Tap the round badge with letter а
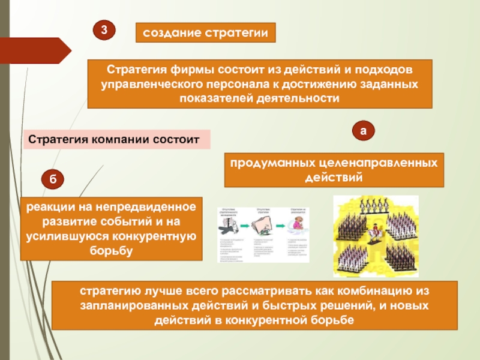pyautogui.click(x=363, y=130)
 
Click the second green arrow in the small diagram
pyautogui.click(x=281, y=224)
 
